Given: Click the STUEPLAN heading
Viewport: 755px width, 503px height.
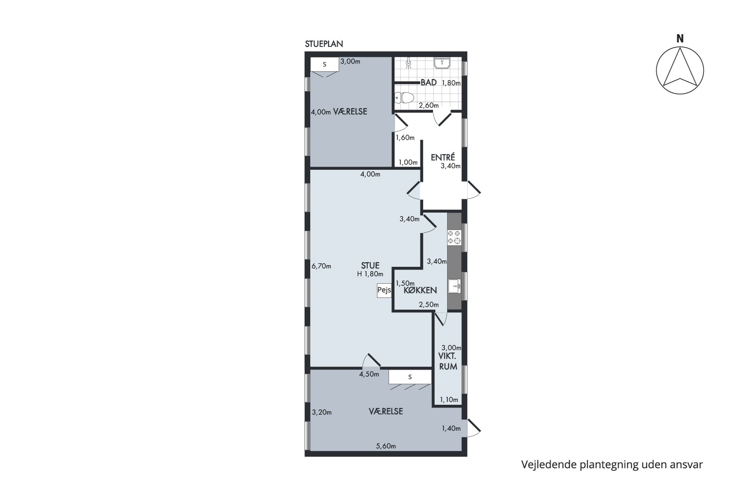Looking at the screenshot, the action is coord(324,44).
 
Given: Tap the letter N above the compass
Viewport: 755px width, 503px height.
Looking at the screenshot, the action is coord(680,39).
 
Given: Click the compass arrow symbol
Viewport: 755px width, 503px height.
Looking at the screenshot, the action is coord(680,71).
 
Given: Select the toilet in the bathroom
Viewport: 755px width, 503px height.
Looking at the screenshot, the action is coord(404,97).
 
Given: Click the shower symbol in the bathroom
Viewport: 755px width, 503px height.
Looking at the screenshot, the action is coord(409,63).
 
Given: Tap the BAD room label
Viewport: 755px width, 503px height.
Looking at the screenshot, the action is coord(429,83).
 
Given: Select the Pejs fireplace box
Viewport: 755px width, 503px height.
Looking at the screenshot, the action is coord(384,290).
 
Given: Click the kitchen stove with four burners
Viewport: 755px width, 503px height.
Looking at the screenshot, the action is coord(454,237).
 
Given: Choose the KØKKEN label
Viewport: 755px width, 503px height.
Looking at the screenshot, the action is coord(420,290).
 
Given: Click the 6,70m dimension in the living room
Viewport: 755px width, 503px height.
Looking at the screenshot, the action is coord(321,266).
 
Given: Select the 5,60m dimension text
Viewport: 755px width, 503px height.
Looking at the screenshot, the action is coord(386,446).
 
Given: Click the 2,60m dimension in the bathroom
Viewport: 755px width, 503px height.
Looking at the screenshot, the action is coord(429,105).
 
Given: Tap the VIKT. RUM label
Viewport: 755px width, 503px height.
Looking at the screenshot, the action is coord(448,362).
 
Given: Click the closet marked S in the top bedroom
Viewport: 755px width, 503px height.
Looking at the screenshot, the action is coord(324,64).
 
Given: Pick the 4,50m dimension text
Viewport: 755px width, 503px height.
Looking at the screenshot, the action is coord(369,374).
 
